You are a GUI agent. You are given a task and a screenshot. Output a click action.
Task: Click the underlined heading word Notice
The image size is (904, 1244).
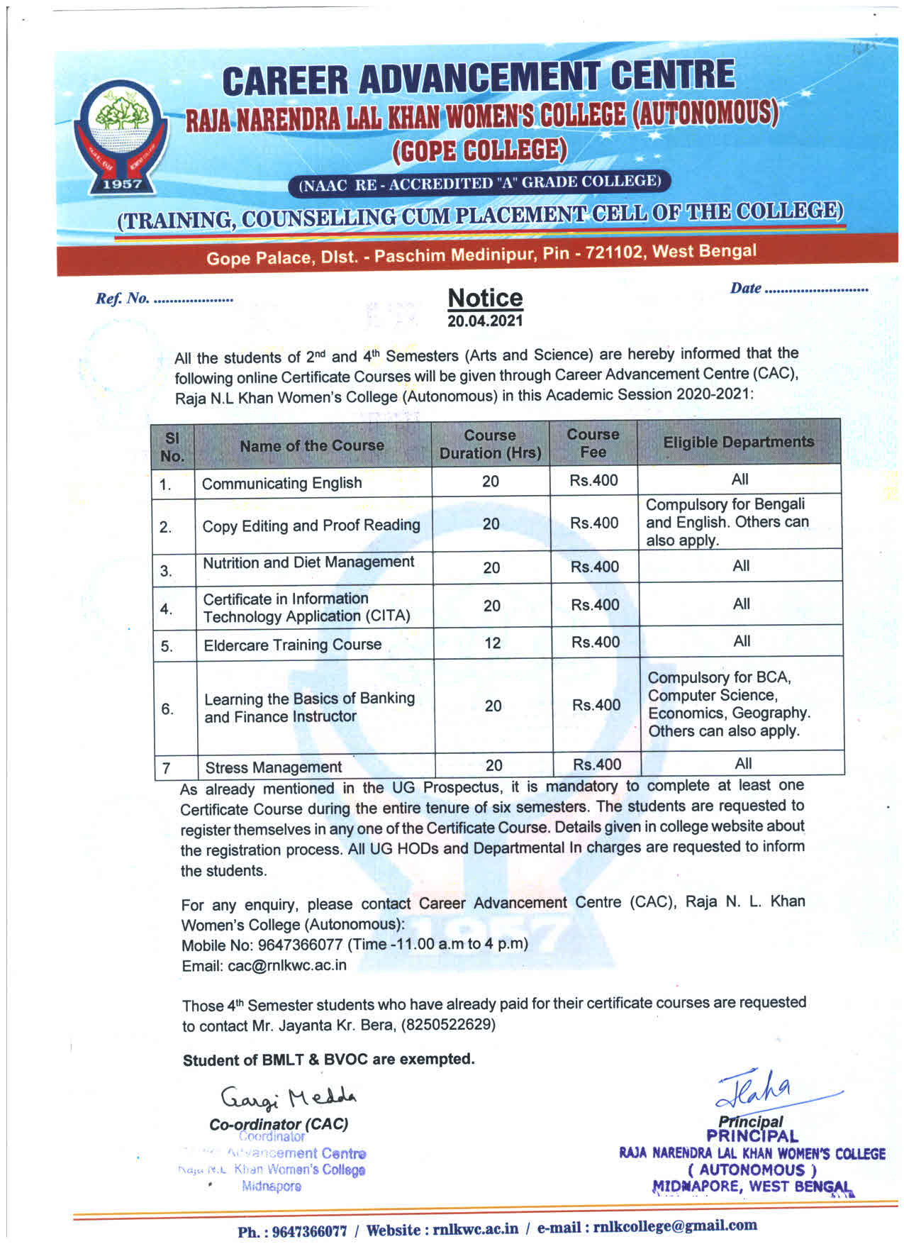[485, 298]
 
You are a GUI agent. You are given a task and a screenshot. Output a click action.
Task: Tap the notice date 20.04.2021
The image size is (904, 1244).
[485, 321]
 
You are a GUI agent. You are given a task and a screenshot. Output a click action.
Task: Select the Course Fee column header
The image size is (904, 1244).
[593, 443]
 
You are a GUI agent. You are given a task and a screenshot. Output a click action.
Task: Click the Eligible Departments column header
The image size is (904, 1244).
[738, 442]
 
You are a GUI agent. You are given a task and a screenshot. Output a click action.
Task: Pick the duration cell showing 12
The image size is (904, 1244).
[492, 643]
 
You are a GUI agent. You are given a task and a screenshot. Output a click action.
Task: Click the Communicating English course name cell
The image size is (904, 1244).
[281, 483]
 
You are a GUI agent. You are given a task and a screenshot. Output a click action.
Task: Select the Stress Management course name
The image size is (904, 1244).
[273, 767]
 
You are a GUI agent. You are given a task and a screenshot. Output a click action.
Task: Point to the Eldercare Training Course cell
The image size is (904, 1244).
[292, 645]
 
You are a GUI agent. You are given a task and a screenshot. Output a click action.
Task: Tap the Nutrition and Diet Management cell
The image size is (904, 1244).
[308, 562]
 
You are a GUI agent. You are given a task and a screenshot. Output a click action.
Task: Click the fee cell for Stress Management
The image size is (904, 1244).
[597, 764]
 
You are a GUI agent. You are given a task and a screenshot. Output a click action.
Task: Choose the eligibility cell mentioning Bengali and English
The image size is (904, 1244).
[727, 522]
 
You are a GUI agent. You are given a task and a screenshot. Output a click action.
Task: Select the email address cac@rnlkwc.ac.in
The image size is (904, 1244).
[287, 965]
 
